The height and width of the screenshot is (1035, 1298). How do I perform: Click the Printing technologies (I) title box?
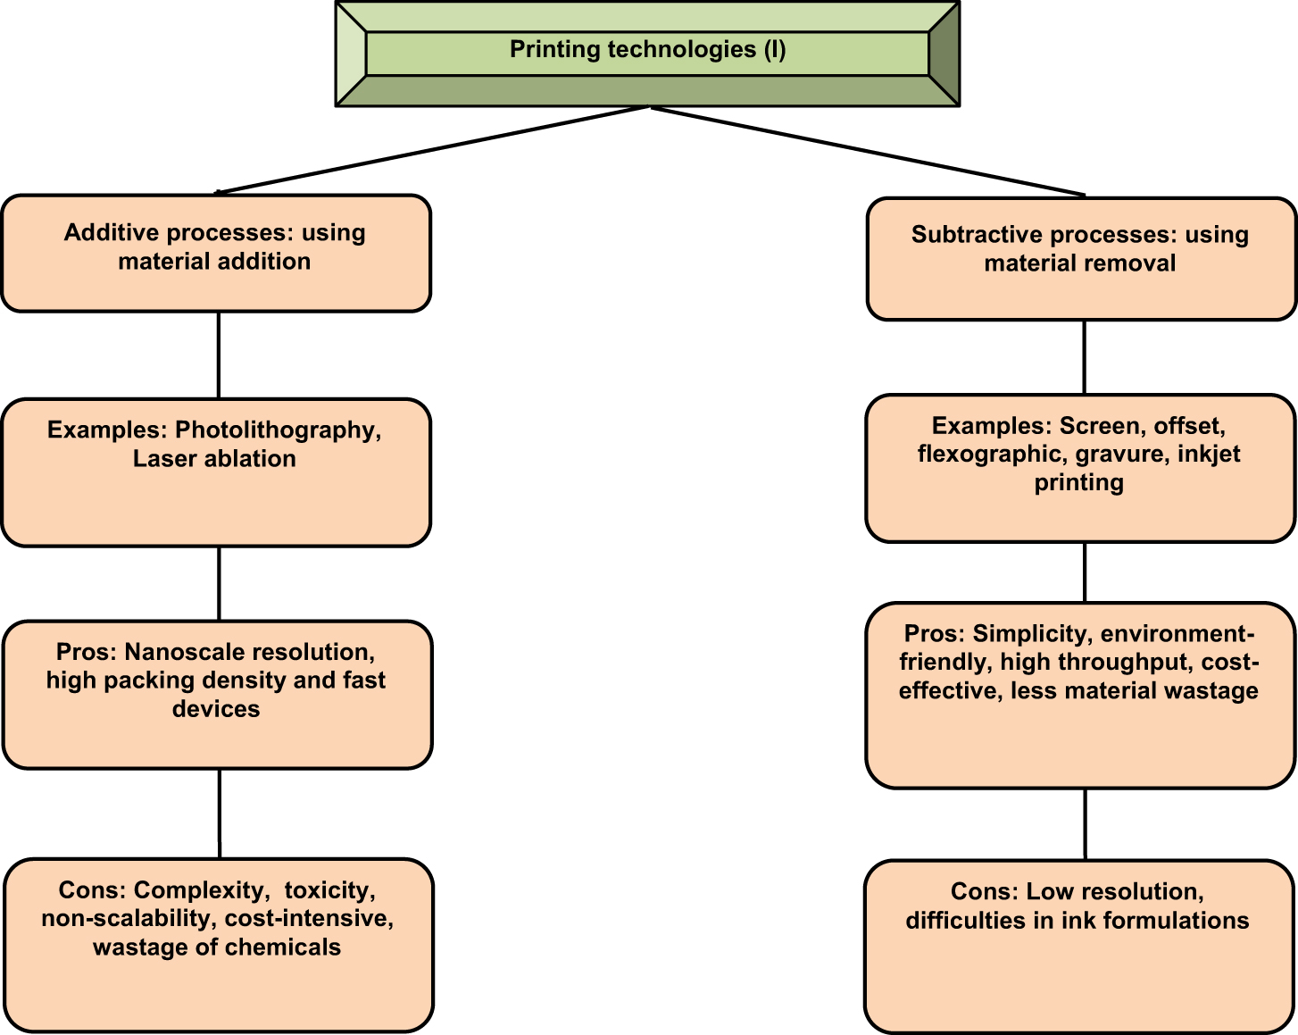[647, 51]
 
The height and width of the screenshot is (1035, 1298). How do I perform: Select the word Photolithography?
[278, 430]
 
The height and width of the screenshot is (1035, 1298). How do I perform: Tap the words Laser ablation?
[214, 459]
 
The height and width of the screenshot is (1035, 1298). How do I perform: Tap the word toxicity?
[330, 891]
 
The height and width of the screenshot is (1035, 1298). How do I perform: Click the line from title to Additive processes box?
[433, 149]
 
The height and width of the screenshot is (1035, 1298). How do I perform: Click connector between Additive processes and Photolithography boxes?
[219, 355]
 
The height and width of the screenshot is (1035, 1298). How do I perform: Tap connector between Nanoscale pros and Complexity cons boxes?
[220, 813]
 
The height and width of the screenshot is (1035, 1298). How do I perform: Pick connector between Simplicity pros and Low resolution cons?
[1085, 823]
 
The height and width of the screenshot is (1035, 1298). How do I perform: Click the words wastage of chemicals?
[217, 947]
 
